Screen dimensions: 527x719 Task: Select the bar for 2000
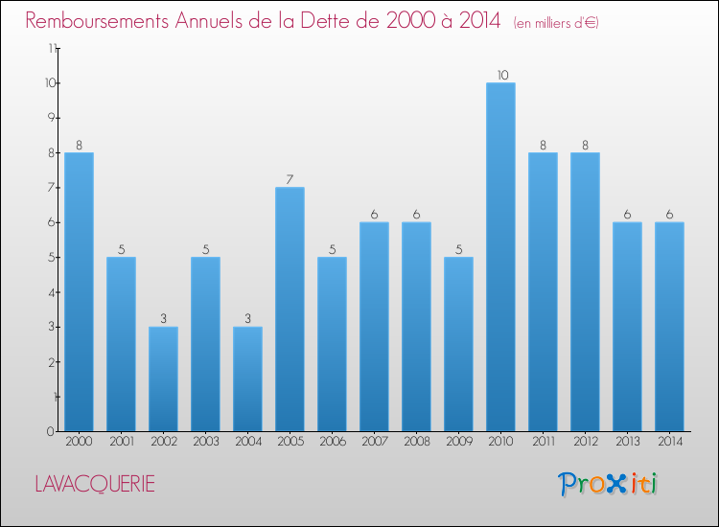(x=79, y=291)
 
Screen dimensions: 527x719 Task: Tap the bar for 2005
(x=290, y=309)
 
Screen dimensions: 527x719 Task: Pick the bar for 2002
(x=163, y=378)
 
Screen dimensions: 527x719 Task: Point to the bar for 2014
(x=669, y=326)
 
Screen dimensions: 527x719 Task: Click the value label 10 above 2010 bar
(x=500, y=75)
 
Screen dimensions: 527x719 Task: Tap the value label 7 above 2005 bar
(x=290, y=179)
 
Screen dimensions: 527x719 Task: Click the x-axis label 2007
(x=374, y=443)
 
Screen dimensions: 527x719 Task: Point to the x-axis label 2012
(x=585, y=443)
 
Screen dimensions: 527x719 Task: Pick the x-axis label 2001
(x=121, y=443)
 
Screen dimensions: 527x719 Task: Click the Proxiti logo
(x=608, y=484)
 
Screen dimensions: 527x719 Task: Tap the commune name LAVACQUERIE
(x=94, y=484)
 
